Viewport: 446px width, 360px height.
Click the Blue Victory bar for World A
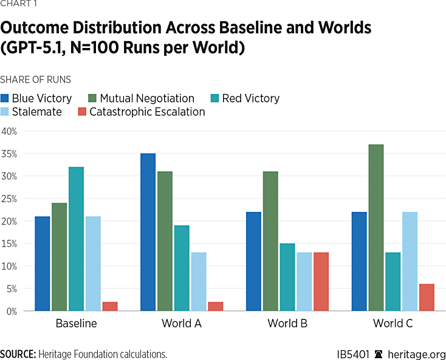148,232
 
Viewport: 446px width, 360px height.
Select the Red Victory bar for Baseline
77,239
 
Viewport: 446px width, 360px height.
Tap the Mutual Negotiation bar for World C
376,228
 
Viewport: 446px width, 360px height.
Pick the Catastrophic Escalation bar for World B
321,282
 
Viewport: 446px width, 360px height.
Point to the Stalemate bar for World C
410,261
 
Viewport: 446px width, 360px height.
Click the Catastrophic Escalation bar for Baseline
110,306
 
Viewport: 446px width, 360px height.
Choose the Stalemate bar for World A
199,282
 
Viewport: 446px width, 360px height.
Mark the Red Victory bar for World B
287,277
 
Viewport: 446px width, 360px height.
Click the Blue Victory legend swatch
5,98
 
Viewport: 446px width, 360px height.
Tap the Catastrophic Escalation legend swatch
82,112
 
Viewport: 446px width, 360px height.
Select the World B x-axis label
287,324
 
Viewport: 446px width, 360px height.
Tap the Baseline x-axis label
76,324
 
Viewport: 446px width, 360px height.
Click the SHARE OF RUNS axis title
35,80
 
